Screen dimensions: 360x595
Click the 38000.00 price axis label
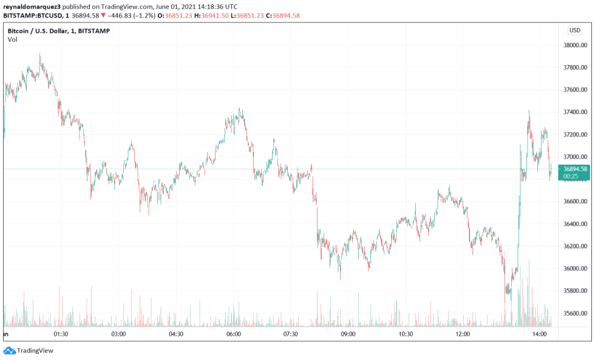pos(576,45)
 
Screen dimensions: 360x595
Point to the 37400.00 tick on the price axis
pos(576,112)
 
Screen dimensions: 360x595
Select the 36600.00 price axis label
pos(576,202)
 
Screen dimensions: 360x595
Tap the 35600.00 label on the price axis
pos(576,313)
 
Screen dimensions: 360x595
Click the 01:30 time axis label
pos(61,334)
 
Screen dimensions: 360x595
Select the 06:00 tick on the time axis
pos(234,334)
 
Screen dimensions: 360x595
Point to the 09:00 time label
pos(348,334)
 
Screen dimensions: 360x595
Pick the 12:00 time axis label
pos(463,334)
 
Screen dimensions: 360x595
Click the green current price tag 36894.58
pos(575,169)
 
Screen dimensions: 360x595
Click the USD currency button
pos(574,30)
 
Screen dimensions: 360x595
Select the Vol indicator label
pos(12,39)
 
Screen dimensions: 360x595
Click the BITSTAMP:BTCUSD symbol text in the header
pos(30,15)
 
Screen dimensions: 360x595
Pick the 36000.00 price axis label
pos(576,268)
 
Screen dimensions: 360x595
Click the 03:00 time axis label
pos(118,334)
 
